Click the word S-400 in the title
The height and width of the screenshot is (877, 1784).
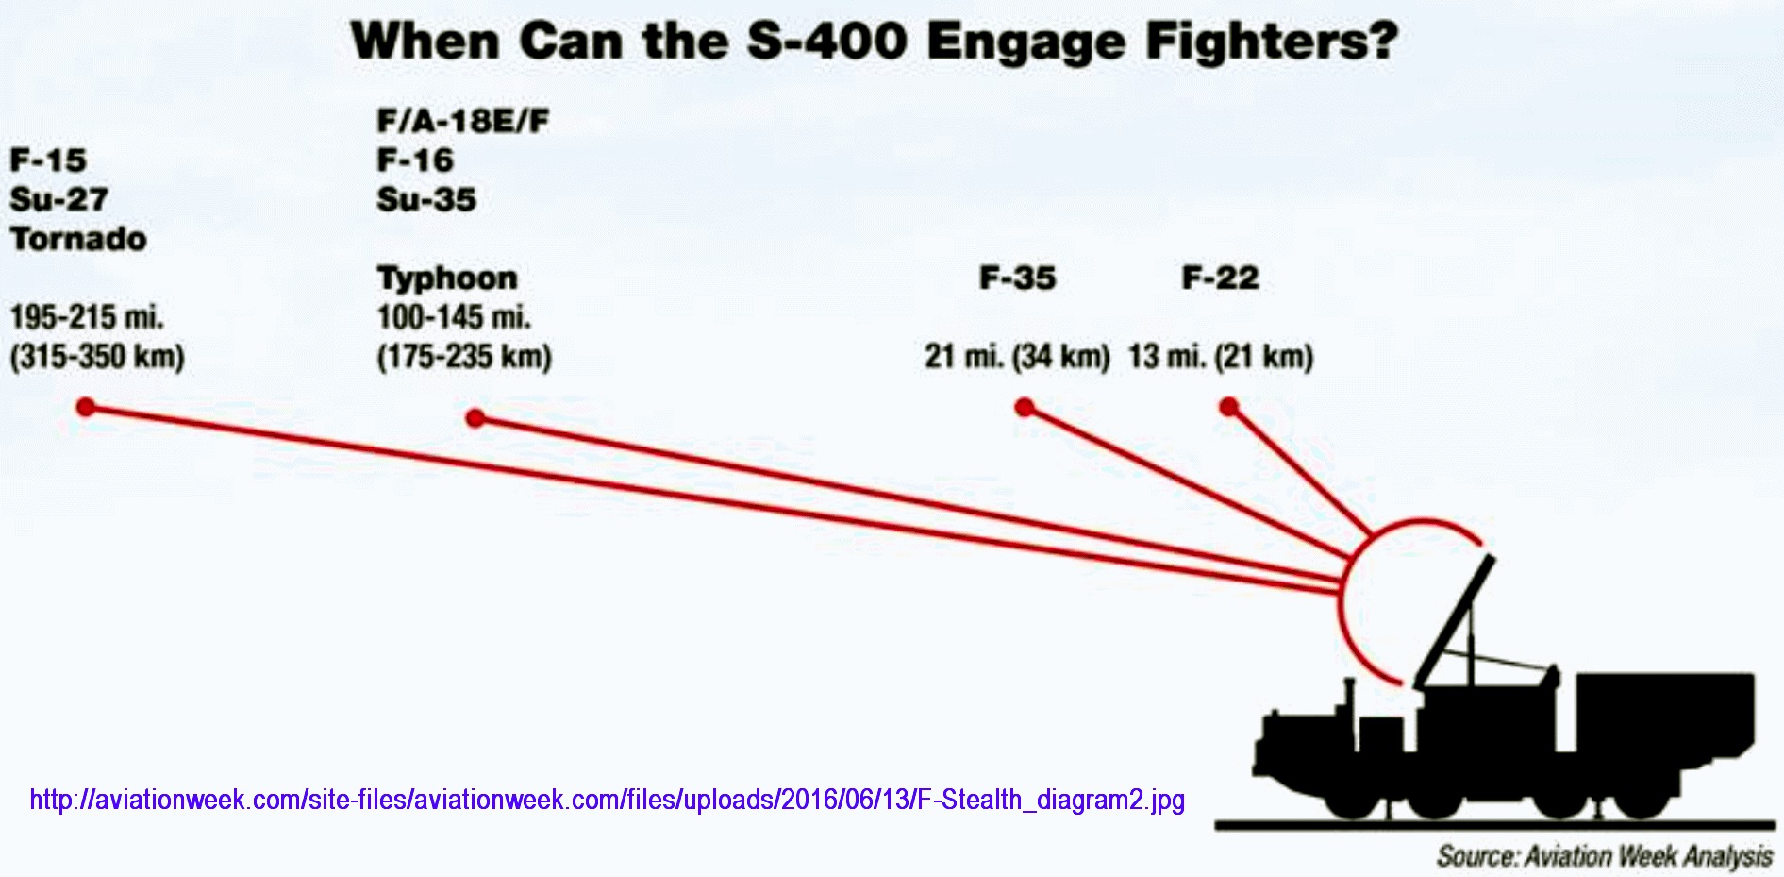tap(826, 42)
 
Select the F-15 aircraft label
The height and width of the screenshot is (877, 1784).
tap(48, 160)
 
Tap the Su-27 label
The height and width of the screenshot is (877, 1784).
tap(59, 199)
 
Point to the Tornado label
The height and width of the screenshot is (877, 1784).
tap(78, 239)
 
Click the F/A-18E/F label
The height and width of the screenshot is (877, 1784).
tap(462, 121)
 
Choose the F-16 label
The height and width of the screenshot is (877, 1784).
tap(415, 160)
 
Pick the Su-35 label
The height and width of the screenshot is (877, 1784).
tap(426, 199)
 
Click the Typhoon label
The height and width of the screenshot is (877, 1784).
tap(447, 278)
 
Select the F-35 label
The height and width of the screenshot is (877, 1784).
tap(1018, 278)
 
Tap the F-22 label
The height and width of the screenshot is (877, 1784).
tap(1221, 278)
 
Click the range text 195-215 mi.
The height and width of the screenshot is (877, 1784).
tap(87, 317)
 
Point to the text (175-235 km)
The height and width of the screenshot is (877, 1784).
tap(464, 357)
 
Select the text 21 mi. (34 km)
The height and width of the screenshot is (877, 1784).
tap(1017, 357)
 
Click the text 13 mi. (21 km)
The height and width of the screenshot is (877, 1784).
tap(1221, 357)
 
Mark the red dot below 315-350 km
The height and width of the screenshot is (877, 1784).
tap(86, 407)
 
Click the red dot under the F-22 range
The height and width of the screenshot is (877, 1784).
tap(1228, 407)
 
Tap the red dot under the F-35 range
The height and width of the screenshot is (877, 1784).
tap(1025, 407)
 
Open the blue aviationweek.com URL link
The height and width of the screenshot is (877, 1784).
tap(608, 801)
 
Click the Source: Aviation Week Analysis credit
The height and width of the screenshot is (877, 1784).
tap(1605, 856)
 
